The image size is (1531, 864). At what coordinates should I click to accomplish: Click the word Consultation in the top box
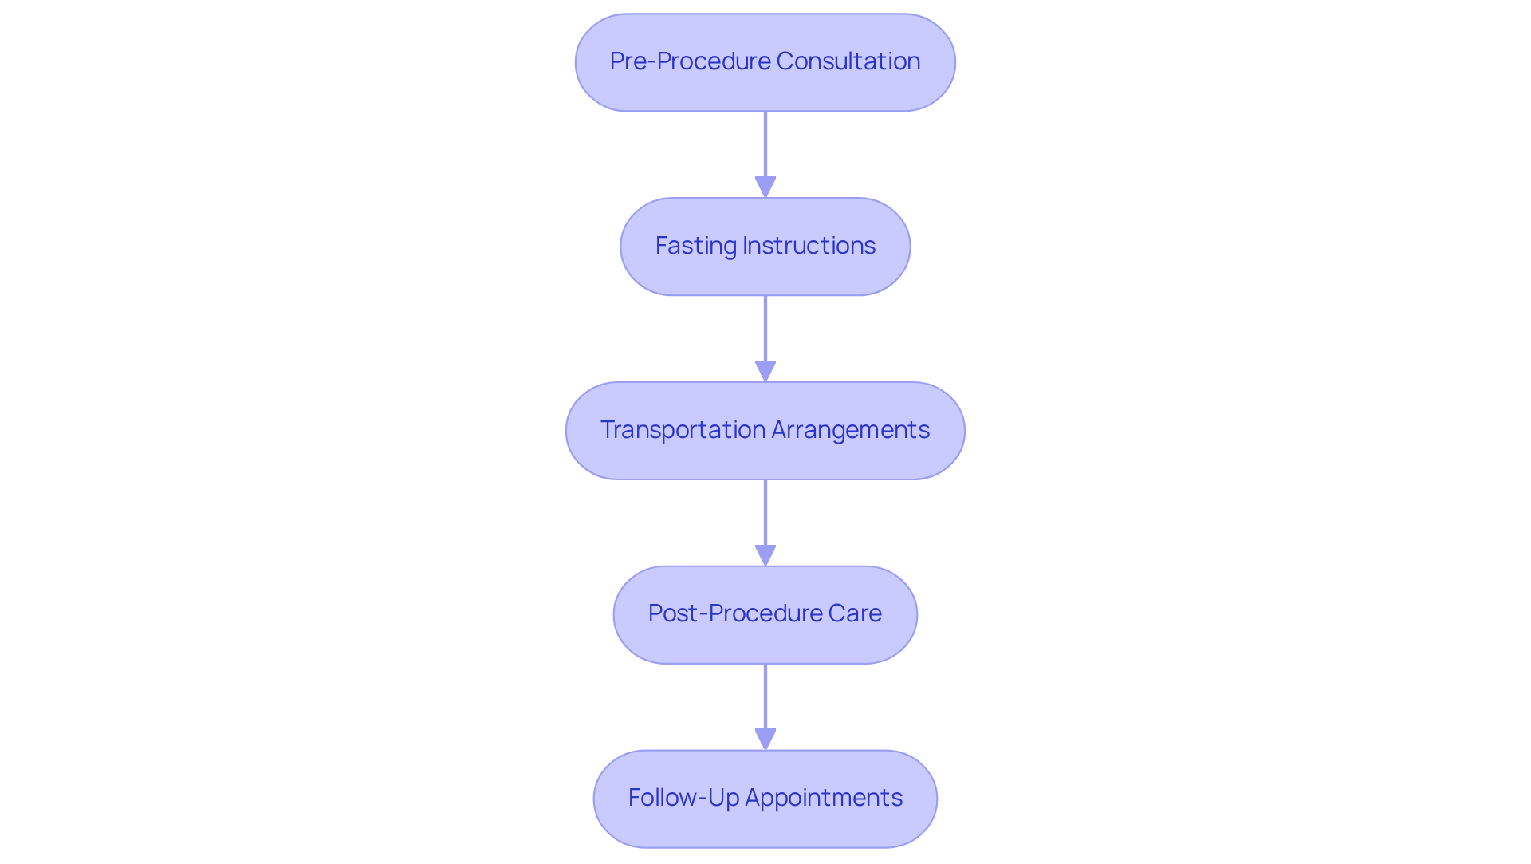(x=848, y=61)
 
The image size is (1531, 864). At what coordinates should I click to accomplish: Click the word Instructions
(x=809, y=246)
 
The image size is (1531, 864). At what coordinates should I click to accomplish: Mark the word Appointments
(x=823, y=798)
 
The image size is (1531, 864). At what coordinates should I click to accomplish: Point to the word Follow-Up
(x=683, y=798)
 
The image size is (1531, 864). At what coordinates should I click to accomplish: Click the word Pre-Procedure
(x=690, y=61)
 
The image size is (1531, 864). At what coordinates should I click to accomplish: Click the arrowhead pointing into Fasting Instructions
(x=765, y=187)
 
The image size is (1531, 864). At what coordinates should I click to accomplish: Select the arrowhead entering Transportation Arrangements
(x=765, y=371)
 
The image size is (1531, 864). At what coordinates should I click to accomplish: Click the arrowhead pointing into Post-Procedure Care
(x=765, y=555)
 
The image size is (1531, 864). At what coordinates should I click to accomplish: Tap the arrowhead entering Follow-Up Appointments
(x=765, y=739)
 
